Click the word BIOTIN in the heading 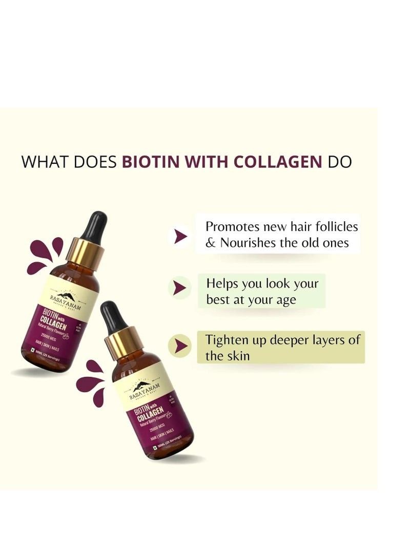[151, 162]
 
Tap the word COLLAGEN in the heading [278, 162]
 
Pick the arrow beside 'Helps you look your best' [179, 287]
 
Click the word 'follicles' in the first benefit [337, 226]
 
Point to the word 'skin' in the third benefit [238, 356]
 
